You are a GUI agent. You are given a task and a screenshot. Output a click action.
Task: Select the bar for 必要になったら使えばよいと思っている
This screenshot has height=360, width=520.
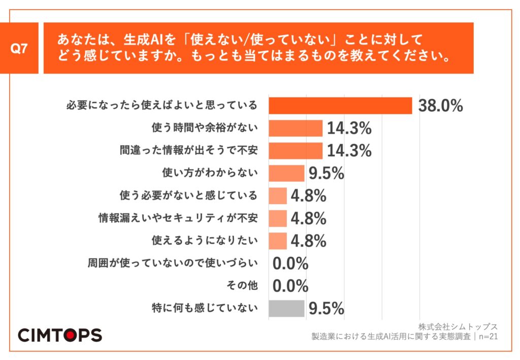click(x=340, y=106)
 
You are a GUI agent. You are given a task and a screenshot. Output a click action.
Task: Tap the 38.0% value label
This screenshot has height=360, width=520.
click(x=440, y=106)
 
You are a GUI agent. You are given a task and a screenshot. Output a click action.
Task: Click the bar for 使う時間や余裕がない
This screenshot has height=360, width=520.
click(x=295, y=128)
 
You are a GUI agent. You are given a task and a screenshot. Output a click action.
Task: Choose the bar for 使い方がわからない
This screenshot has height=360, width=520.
click(x=286, y=173)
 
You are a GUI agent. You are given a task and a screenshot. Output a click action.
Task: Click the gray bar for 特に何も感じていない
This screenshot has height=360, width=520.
click(x=286, y=308)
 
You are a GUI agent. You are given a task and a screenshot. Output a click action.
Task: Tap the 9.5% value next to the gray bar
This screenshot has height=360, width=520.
click(x=326, y=308)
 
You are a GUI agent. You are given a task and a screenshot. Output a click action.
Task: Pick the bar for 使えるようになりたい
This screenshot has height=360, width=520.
click(x=277, y=241)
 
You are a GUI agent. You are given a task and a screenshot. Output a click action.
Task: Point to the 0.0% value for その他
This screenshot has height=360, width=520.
click(x=290, y=286)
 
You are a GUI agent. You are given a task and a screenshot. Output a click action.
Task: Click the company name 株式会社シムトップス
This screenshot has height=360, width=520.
click(x=458, y=326)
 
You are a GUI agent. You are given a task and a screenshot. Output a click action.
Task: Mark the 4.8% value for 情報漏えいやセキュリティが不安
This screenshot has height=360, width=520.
click(x=308, y=218)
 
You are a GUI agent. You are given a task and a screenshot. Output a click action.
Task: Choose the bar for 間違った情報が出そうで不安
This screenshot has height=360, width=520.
click(x=295, y=151)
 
